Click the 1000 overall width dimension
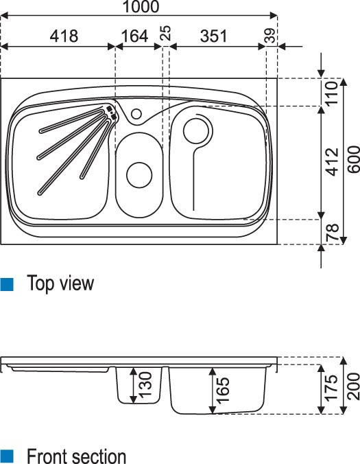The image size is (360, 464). coord(141,6)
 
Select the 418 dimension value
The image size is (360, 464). coord(64,36)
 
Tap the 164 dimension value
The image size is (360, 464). coord(134,36)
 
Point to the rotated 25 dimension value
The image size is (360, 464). coord(166,33)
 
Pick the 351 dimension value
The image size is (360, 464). coord(214,36)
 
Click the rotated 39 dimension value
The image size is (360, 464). coord(270,36)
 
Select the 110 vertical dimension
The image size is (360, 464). coord(332,93)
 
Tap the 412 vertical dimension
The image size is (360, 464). coord(332,161)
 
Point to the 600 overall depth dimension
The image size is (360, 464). coord(354,159)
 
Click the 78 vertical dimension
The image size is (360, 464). coord(332,232)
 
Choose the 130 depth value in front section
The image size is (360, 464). coord(145,384)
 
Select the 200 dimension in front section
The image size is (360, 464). coord(354,386)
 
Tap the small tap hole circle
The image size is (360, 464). coord(136,114)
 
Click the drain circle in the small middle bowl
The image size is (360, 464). coord(139,174)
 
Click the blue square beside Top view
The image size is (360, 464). coord(6,284)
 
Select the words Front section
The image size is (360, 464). coord(76,456)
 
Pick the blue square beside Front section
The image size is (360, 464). coord(6,456)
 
